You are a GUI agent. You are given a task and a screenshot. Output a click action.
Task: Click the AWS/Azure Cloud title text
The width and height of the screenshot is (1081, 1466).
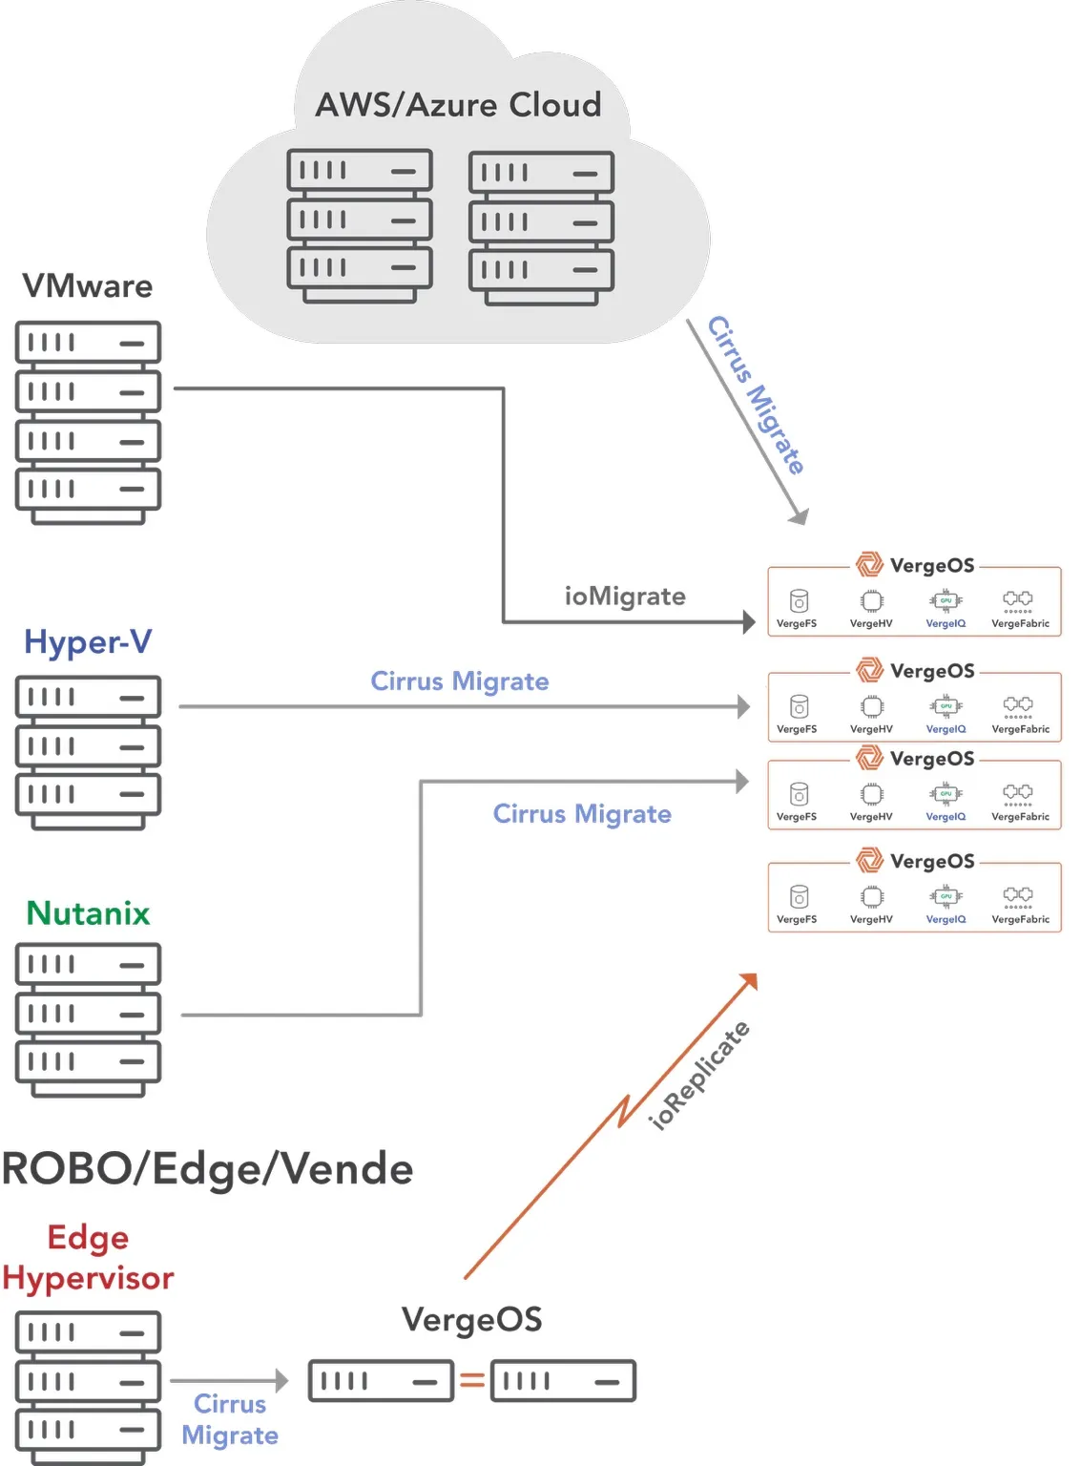coord(458,105)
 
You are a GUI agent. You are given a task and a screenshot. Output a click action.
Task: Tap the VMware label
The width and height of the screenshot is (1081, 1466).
coord(88,286)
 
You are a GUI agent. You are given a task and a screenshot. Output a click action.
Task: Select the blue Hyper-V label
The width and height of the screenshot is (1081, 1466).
coord(88,642)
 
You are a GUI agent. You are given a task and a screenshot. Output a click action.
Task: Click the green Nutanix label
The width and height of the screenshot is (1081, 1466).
coord(88,913)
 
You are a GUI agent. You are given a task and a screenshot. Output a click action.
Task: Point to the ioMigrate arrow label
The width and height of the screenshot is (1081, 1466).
coord(625,597)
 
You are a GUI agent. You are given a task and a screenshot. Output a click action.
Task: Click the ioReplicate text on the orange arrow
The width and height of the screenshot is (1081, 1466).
coord(699,1076)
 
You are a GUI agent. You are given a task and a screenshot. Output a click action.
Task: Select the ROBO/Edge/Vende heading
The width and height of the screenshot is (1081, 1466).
coord(207,1169)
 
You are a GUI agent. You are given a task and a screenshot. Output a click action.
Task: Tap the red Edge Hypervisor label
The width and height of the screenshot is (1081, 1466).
coord(88,1258)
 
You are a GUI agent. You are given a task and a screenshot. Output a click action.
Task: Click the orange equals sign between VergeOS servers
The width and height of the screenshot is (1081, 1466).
coord(472,1380)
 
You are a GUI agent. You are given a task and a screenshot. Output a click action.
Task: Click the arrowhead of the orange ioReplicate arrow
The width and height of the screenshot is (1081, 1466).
coord(749,981)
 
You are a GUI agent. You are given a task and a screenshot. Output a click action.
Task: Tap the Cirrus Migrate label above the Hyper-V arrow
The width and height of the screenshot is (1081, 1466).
coord(459,681)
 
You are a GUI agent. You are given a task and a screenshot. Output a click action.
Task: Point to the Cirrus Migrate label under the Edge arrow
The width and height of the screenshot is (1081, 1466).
coord(230,1419)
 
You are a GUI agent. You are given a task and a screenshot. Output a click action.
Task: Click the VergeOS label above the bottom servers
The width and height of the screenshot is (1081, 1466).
coord(471,1320)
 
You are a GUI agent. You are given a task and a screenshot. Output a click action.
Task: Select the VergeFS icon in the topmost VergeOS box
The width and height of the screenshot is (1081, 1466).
coord(799,600)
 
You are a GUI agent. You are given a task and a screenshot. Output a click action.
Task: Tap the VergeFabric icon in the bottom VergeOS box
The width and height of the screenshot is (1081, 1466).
coord(1018,894)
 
